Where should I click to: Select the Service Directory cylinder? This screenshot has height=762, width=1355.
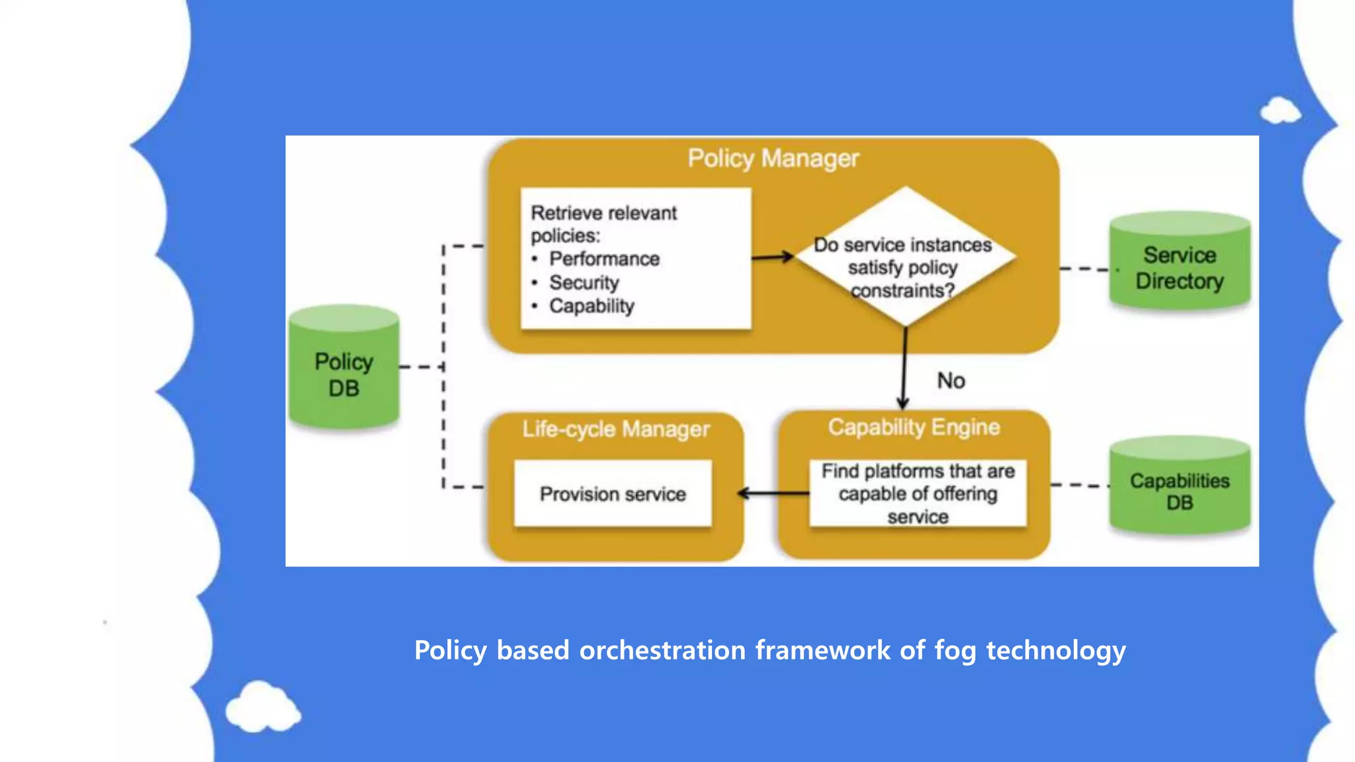pyautogui.click(x=1180, y=265)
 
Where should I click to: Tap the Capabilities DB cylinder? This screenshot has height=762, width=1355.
pyautogui.click(x=1180, y=489)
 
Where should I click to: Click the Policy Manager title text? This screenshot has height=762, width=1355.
pyautogui.click(x=773, y=159)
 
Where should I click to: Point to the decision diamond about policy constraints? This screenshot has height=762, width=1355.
pyautogui.click(x=904, y=258)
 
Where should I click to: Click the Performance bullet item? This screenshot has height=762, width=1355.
pyautogui.click(x=604, y=259)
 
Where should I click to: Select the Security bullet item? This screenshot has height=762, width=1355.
pyautogui.click(x=584, y=282)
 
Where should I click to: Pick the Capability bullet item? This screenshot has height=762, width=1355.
pyautogui.click(x=591, y=306)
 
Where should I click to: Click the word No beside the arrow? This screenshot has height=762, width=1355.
pyautogui.click(x=951, y=381)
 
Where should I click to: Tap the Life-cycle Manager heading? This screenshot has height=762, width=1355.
pyautogui.click(x=615, y=429)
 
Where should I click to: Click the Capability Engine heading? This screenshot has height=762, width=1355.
pyautogui.click(x=914, y=427)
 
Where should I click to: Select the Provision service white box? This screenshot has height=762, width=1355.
pyautogui.click(x=613, y=493)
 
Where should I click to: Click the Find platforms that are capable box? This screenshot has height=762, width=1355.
pyautogui.click(x=918, y=493)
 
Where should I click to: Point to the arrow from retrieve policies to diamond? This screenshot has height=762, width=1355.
pyautogui.click(x=772, y=257)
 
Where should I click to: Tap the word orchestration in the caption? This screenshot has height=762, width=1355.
pyautogui.click(x=662, y=650)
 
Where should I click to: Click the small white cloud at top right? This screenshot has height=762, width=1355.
pyautogui.click(x=1280, y=111)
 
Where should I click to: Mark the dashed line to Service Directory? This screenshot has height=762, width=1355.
pyautogui.click(x=1084, y=269)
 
